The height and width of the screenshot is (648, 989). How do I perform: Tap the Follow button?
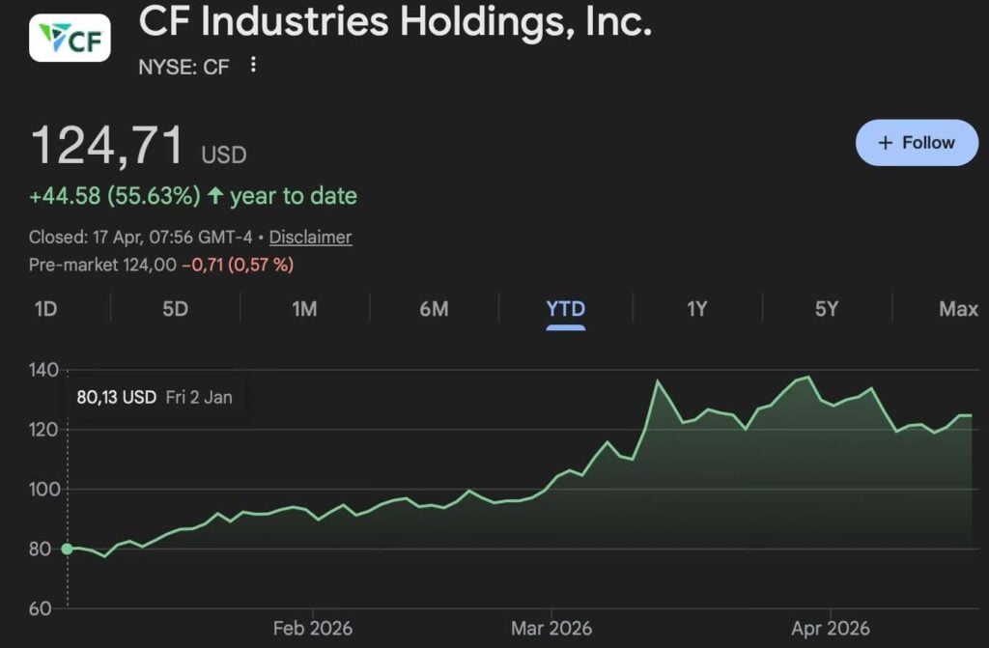(917, 143)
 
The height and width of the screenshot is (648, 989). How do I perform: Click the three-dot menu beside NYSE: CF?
(253, 65)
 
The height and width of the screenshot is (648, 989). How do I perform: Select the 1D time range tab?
(45, 309)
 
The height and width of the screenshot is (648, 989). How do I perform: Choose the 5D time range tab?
(175, 309)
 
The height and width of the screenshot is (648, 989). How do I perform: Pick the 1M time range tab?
(304, 309)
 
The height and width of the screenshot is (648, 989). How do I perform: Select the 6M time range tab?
(434, 309)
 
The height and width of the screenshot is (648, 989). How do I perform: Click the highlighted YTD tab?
(565, 309)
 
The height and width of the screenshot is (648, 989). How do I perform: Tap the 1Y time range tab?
(696, 309)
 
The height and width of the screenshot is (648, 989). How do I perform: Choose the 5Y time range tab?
(826, 309)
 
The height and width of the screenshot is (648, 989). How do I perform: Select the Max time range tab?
(958, 309)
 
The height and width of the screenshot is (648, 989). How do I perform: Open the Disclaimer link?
(310, 237)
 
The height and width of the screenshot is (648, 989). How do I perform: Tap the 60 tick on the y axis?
(42, 608)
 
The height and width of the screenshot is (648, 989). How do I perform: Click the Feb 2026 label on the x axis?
(312, 629)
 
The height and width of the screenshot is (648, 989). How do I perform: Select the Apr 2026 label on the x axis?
(831, 629)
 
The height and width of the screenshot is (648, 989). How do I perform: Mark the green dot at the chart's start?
(68, 549)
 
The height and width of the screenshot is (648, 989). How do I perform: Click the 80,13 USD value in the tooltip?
(116, 397)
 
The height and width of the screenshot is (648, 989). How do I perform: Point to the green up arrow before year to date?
(215, 196)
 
